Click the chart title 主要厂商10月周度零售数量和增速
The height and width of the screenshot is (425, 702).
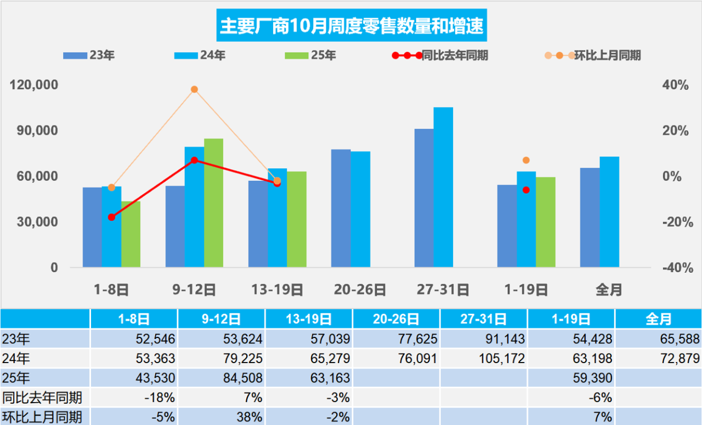(x=351, y=25)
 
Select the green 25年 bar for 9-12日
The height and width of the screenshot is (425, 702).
(x=213, y=203)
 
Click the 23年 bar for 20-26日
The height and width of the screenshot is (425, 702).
(x=341, y=208)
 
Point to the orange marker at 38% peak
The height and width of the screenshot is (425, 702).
(x=194, y=89)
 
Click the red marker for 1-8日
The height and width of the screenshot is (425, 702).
(x=112, y=217)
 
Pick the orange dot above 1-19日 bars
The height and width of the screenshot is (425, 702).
(x=526, y=160)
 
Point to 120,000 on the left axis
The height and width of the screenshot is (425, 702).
(x=35, y=85)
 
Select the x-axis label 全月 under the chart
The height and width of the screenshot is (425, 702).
(x=609, y=290)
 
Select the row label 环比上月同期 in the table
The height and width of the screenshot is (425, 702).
(x=42, y=416)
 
